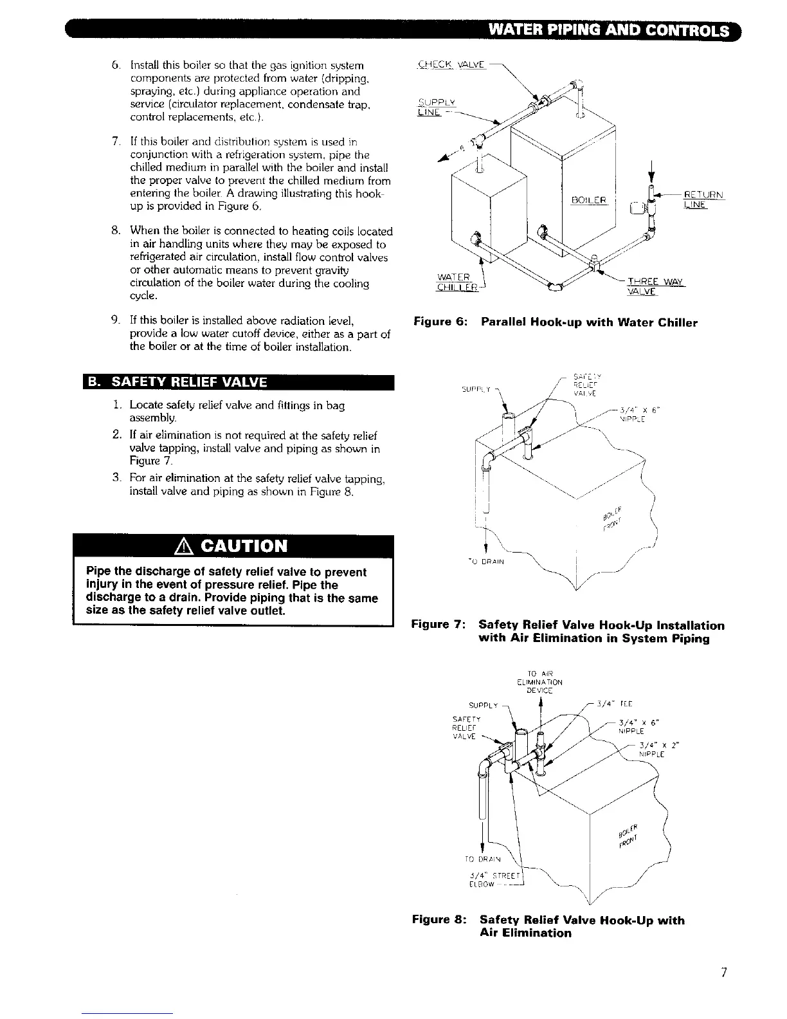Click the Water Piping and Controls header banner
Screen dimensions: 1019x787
coord(608,30)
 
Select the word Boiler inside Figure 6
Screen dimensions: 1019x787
coord(589,200)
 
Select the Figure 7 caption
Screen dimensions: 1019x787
coord(568,632)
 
